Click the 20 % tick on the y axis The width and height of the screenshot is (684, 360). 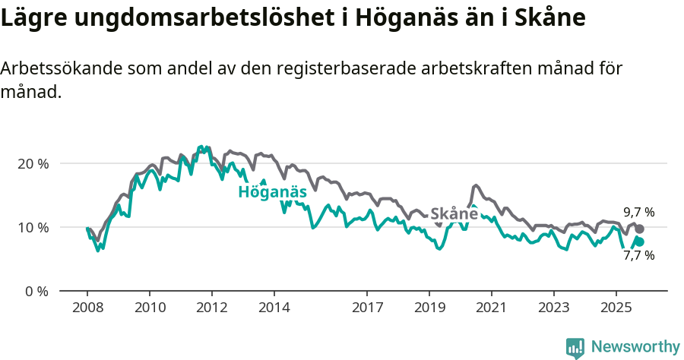(x=32, y=164)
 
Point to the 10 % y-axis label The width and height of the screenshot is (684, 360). (x=32, y=228)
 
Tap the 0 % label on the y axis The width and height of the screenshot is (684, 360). (x=35, y=291)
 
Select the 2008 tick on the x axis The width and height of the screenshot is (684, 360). (x=87, y=308)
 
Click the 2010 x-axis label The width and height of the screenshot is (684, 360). (x=150, y=308)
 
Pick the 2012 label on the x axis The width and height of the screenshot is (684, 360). (x=211, y=308)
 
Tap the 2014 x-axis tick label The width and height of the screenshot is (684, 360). (x=274, y=308)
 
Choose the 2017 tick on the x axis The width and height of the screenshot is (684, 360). (x=367, y=308)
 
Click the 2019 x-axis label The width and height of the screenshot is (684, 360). (x=429, y=308)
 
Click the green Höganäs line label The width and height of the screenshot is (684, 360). (x=272, y=192)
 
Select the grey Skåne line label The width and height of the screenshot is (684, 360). (x=454, y=214)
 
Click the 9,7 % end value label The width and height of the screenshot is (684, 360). (x=638, y=213)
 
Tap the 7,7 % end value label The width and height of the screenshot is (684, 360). (x=638, y=256)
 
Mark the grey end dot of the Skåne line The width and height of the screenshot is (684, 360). (x=639, y=229)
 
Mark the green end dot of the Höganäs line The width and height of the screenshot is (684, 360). (x=639, y=242)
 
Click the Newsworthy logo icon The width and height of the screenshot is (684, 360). (x=575, y=347)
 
